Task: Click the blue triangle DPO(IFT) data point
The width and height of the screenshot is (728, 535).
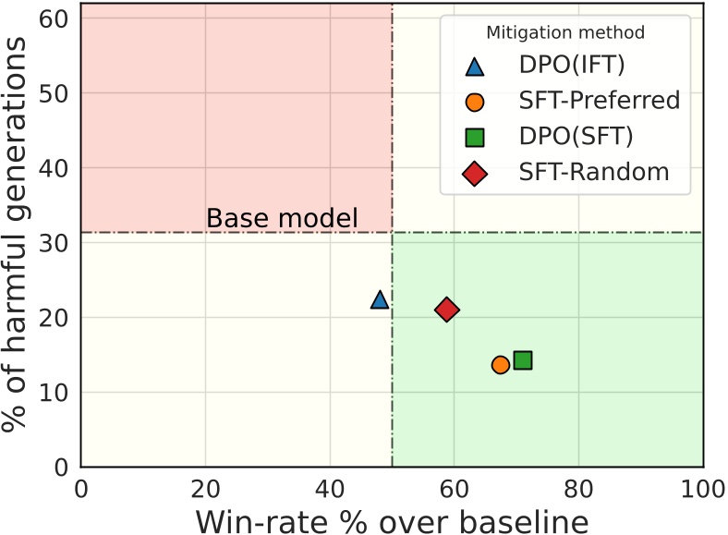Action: click(x=380, y=299)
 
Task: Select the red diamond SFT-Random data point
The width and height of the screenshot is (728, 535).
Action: click(x=447, y=310)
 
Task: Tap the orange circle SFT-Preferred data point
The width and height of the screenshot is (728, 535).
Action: click(x=501, y=365)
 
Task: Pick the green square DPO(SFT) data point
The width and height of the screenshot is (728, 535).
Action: click(x=523, y=360)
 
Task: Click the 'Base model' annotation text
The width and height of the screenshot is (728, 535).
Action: click(x=281, y=219)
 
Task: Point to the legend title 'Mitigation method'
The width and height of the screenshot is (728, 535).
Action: click(x=565, y=32)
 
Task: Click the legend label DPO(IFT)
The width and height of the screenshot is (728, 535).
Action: click(x=572, y=66)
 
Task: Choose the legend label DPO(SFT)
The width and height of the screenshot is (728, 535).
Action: click(x=576, y=137)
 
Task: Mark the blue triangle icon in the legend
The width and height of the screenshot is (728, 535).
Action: click(x=475, y=66)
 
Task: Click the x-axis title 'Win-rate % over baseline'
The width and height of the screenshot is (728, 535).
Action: click(x=392, y=520)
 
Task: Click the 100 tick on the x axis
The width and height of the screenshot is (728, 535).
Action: click(x=702, y=486)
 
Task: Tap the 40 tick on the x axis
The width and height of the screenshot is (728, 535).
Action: click(x=329, y=486)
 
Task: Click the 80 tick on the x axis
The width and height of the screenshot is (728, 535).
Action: click(x=578, y=486)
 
